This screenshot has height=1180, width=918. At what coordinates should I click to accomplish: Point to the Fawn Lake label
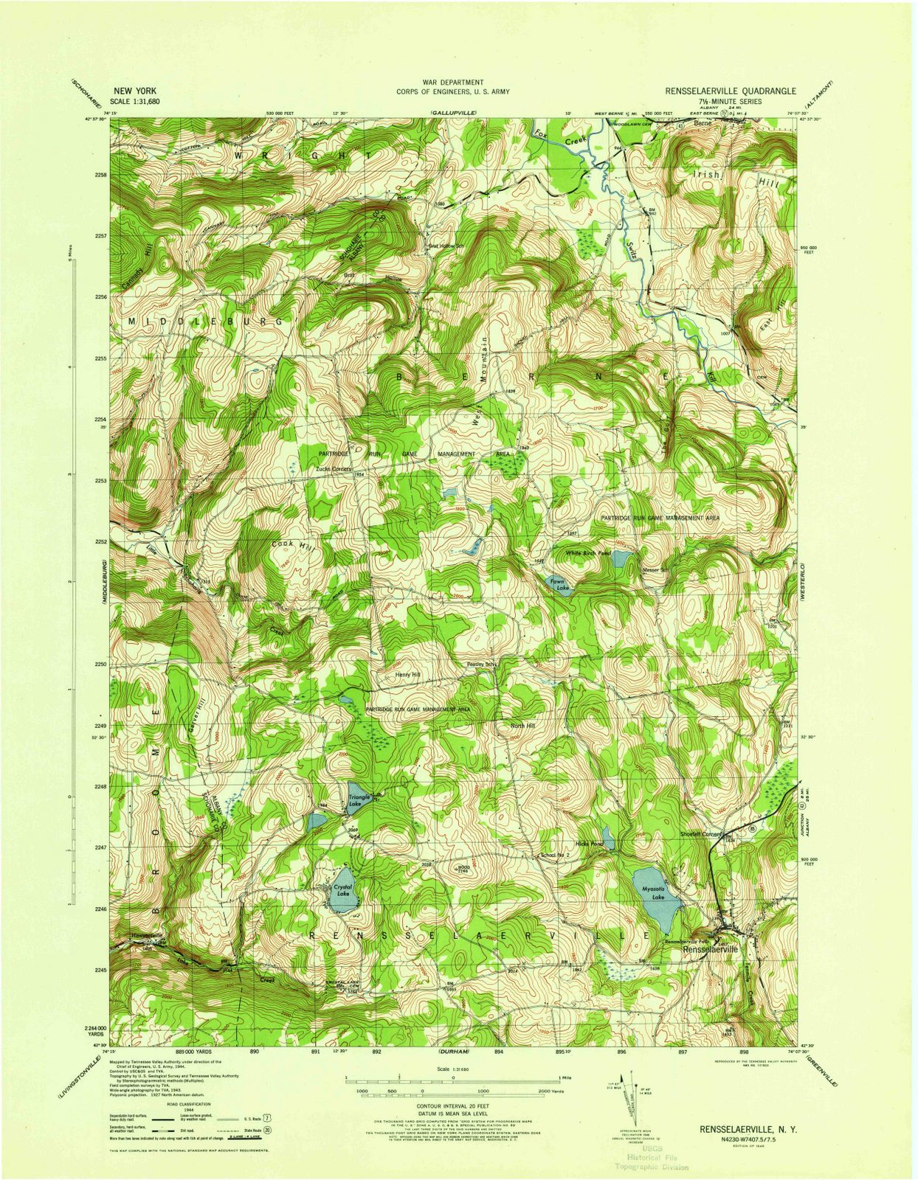(x=559, y=585)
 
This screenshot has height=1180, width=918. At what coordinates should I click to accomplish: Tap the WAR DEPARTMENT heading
(x=453, y=83)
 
